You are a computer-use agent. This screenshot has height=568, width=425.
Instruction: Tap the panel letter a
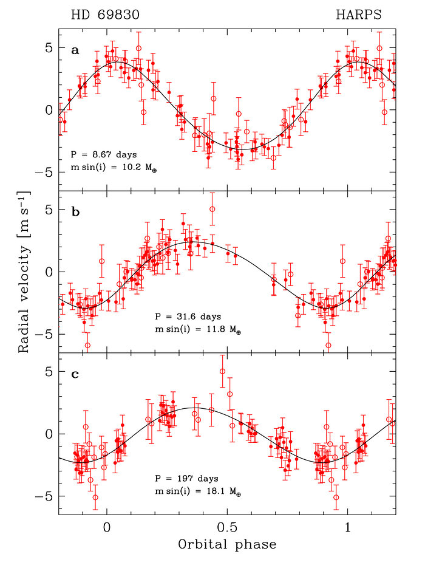[75, 50]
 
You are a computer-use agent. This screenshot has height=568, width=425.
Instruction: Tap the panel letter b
[75, 213]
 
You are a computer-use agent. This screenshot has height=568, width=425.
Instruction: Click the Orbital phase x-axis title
[227, 544]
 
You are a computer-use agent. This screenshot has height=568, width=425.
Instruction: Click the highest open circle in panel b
[212, 209]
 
